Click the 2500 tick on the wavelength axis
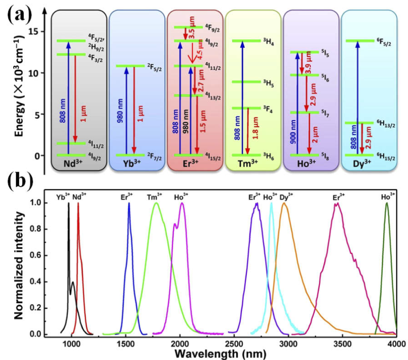[x=234, y=343]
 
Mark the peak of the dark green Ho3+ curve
[x=387, y=203]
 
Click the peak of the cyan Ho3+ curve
[x=271, y=203]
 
